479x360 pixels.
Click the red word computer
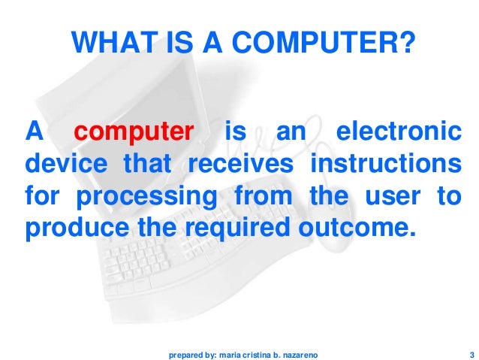(x=134, y=133)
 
